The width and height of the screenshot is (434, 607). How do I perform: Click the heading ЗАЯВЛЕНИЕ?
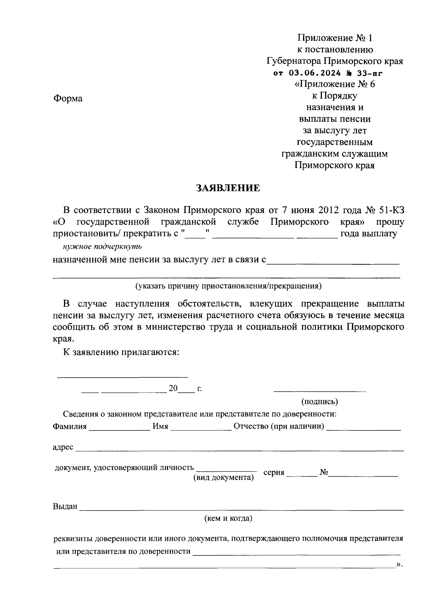pos(228,188)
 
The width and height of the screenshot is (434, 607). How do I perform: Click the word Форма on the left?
pos(68,99)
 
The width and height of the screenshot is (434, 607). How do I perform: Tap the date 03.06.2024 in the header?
pos(315,73)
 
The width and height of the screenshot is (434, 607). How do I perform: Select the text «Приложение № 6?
pos(335,84)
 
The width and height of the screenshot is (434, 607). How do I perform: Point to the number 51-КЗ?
pos(392,210)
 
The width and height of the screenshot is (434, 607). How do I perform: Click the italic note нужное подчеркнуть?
pos(102,247)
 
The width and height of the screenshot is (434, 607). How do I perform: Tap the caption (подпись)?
pos(320,401)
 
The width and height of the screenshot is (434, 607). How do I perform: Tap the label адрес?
pos(63,447)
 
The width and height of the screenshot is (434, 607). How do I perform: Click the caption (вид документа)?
pos(224,477)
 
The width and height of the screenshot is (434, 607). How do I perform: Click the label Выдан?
pos(65,507)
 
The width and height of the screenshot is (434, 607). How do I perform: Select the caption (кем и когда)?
pos(228,519)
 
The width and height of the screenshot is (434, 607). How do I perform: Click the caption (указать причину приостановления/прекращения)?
pos(229,286)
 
